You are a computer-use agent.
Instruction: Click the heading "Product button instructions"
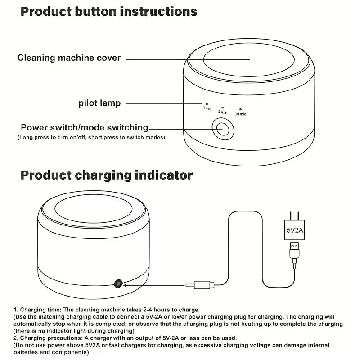(x=109, y=11)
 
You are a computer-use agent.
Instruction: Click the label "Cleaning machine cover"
(x=69, y=58)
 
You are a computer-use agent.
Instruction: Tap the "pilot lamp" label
(x=99, y=103)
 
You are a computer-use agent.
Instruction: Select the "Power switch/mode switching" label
(x=84, y=128)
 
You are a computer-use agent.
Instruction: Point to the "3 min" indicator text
(x=207, y=108)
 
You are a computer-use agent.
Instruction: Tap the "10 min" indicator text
(x=240, y=114)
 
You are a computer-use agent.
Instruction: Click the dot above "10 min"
(x=240, y=109)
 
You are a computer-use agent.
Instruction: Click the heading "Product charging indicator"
(x=107, y=175)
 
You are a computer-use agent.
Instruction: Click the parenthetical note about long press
(x=91, y=137)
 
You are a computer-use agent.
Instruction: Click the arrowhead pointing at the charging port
(x=127, y=284)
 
